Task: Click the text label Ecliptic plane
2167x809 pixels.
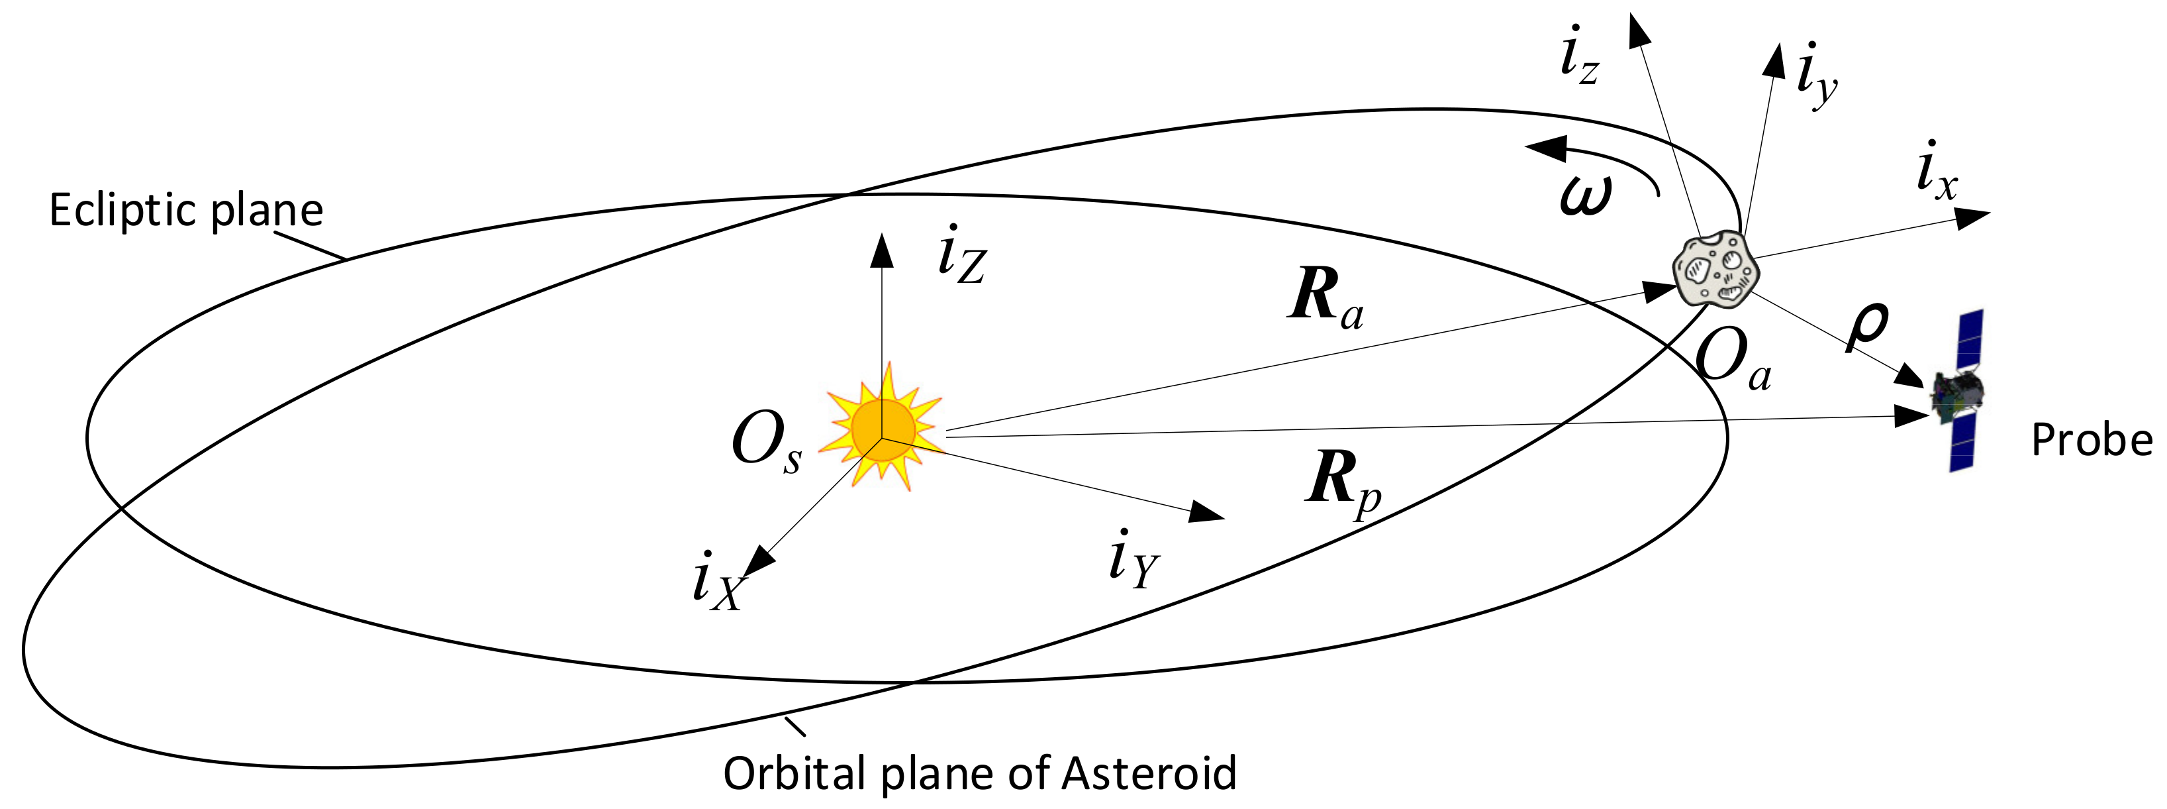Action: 186,211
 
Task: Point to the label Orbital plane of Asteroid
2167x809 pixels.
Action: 980,773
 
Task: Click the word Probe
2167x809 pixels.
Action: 2092,439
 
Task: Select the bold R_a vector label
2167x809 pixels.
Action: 1325,296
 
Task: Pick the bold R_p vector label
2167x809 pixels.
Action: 1343,482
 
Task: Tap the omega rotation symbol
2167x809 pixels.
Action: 1586,195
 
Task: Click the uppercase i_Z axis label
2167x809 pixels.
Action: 961,255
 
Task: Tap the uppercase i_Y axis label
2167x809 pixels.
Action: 1133,560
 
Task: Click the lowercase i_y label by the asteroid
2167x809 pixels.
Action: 1817,76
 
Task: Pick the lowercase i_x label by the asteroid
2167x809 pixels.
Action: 1937,172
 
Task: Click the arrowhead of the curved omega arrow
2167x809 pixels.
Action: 1545,150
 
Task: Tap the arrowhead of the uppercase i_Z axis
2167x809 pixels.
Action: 882,249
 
